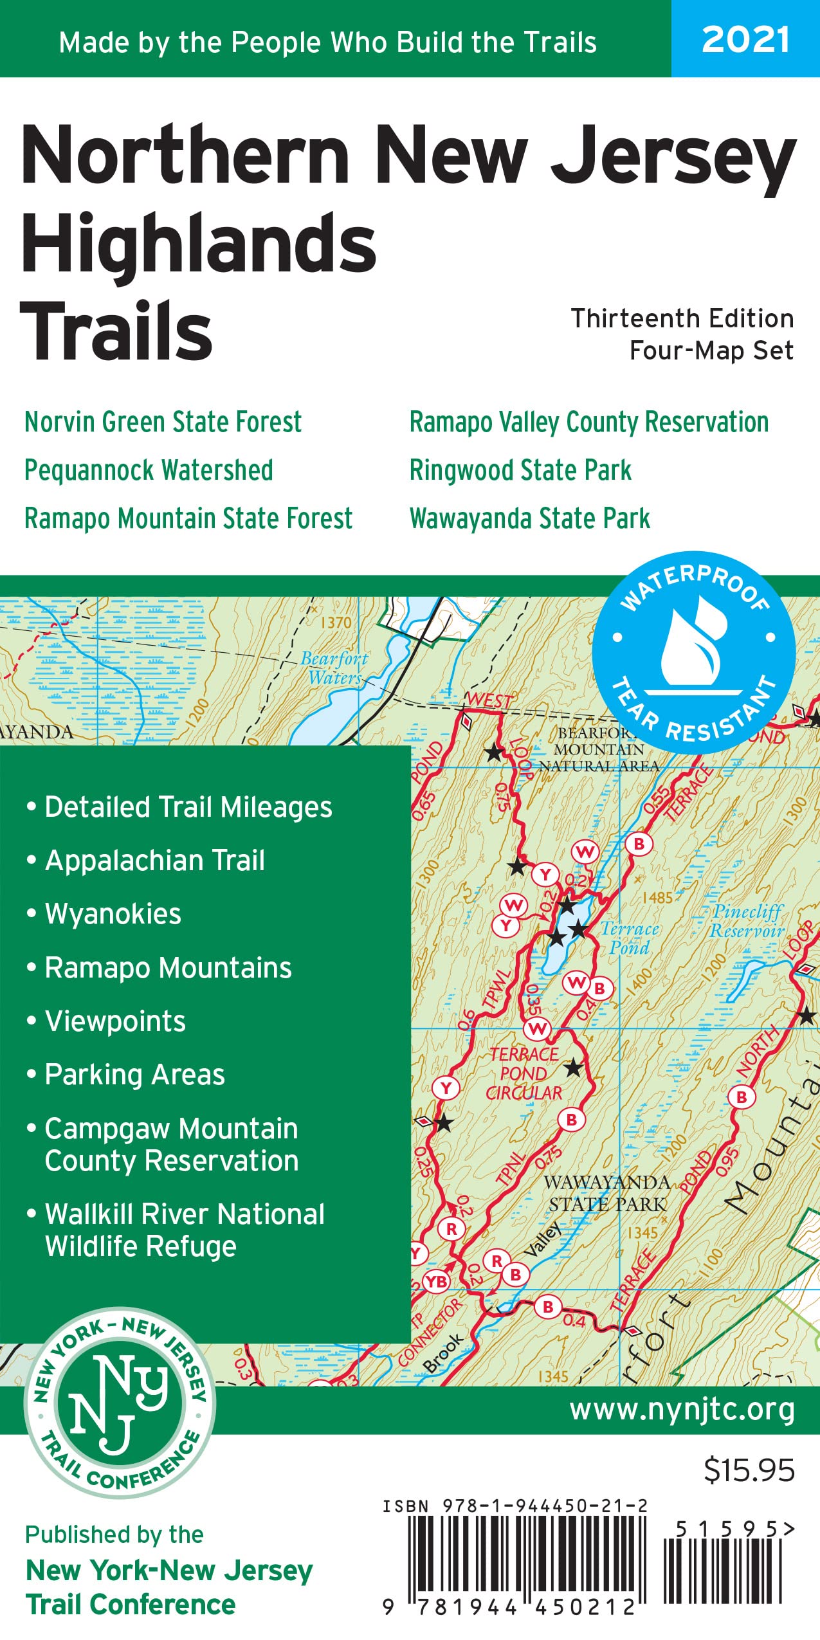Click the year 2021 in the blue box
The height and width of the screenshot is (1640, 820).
[x=745, y=40]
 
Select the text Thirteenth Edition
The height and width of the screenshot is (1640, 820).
[x=682, y=319]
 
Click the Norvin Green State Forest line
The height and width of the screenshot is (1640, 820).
[x=163, y=423]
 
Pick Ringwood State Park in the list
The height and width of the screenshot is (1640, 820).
[x=520, y=471]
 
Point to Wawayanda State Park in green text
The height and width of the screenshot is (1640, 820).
[x=529, y=519]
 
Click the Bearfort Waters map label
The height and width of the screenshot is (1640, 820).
[x=334, y=668]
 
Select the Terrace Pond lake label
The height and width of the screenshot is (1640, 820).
[x=629, y=938]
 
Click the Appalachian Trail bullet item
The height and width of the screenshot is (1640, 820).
[x=154, y=861]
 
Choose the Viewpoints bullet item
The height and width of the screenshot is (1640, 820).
[x=115, y=1021]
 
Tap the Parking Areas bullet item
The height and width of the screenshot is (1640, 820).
[x=134, y=1075]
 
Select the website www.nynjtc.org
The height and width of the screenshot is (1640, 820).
[x=682, y=1410]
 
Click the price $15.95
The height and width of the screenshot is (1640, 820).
[x=749, y=1471]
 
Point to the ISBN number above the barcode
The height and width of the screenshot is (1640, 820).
[x=515, y=1506]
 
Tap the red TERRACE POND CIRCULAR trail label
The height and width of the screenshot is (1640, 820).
[x=524, y=1073]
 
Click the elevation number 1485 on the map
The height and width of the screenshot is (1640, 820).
[x=657, y=897]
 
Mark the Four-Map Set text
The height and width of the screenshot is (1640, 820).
[x=711, y=351]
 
